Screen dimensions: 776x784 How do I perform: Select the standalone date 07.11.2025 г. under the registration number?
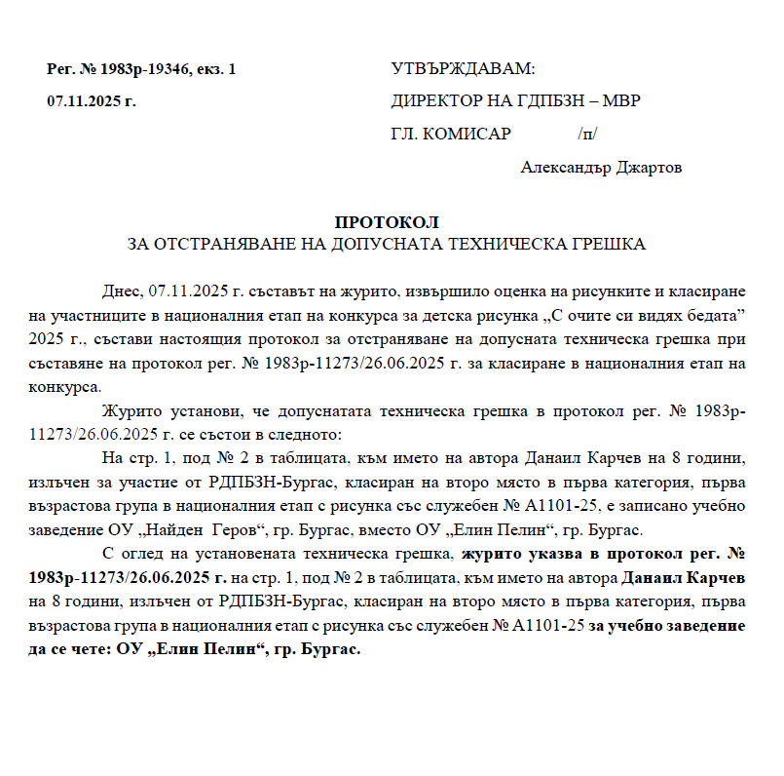coord(92,101)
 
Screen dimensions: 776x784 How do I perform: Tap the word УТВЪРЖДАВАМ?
coord(463,70)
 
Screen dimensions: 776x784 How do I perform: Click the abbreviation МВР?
coord(621,101)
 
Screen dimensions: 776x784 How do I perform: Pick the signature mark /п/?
coord(587,134)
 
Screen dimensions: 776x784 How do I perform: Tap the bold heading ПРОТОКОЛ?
coord(387,223)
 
